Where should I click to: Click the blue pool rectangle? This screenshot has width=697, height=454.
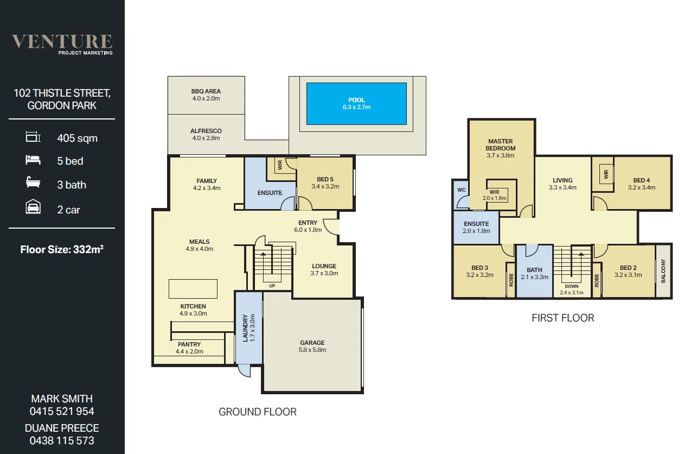tap(356, 103)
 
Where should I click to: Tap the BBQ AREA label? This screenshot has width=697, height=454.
tap(206, 92)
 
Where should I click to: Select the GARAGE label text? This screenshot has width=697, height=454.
tap(312, 343)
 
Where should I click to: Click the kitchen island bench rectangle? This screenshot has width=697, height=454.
tap(193, 289)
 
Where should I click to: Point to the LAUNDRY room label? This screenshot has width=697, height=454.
tap(245, 327)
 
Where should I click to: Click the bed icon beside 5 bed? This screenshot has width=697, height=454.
tap(33, 160)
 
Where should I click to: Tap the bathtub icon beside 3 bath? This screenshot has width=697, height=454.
tap(33, 184)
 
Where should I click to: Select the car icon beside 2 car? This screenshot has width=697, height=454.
tap(33, 208)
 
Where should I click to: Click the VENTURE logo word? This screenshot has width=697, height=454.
tap(62, 41)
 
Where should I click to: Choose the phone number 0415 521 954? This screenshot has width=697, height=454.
tap(62, 411)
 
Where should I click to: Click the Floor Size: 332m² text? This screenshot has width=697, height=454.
tap(62, 250)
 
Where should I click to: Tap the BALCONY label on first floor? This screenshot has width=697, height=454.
tap(663, 271)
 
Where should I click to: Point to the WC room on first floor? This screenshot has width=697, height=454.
tap(461, 190)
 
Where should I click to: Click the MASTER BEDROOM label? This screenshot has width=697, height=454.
tap(501, 144)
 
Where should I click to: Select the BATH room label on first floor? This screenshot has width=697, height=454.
tap(534, 269)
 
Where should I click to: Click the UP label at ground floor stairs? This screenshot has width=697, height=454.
tap(271, 286)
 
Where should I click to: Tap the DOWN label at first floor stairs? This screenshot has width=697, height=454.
tap(571, 286)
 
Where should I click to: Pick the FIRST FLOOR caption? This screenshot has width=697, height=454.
tap(562, 318)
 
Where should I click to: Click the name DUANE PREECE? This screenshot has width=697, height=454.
tap(62, 428)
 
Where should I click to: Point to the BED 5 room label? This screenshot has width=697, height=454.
tap(325, 179)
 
